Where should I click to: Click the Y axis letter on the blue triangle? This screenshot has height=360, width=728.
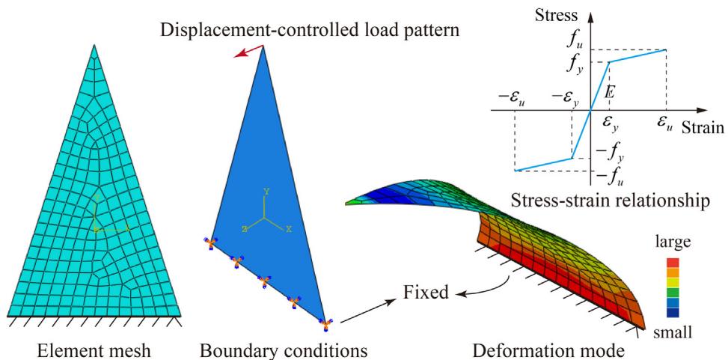click(266, 192)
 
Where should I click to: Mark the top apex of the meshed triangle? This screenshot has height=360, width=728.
click(94, 45)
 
